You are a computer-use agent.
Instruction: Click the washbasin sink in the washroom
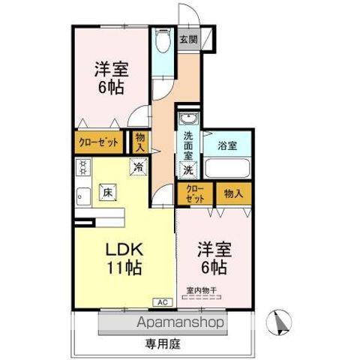click(x=187, y=119)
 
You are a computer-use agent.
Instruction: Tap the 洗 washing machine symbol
click(x=188, y=169)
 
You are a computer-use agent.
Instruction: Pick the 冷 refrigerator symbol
click(x=138, y=168)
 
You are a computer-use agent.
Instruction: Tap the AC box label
click(x=162, y=301)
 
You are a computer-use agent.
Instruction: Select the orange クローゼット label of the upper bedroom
click(x=100, y=141)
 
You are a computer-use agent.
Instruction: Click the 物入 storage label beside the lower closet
click(x=233, y=193)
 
